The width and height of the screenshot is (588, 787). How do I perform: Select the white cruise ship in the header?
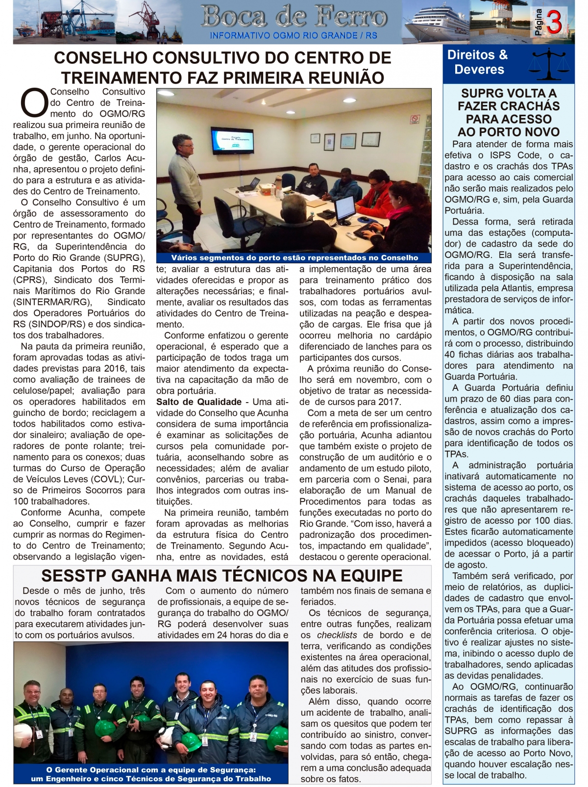pos(436,22)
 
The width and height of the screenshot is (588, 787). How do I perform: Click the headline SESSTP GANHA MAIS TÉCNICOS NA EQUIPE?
pos(222,575)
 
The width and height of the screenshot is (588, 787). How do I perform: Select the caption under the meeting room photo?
pos(294,257)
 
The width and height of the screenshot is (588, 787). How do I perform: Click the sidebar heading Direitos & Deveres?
pos(478,62)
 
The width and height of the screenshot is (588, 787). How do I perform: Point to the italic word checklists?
pos(337,635)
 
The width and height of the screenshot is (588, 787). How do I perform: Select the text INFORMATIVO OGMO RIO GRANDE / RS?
pos(294,36)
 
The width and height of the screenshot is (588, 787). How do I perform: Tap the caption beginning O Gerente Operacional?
pos(150,774)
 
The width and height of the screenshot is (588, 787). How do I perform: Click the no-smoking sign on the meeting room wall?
pos(415,119)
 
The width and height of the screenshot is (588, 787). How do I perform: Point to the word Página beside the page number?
pos(539,22)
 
